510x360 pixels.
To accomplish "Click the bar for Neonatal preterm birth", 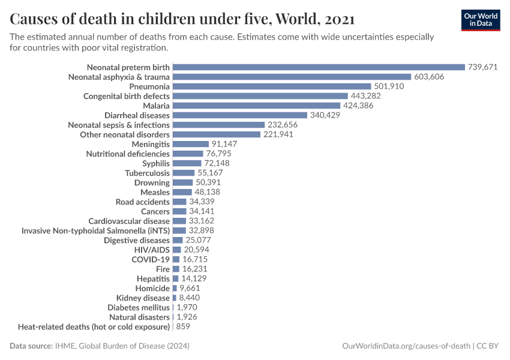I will (x=319, y=67).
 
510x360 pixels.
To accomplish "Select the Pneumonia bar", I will (x=272, y=86).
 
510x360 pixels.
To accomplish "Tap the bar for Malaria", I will (x=256, y=106).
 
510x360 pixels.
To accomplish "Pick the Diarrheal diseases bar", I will (x=240, y=115).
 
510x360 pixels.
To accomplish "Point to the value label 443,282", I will (x=368, y=96).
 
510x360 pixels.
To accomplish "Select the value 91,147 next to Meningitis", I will (x=224, y=144).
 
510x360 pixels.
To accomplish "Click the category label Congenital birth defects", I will (x=127, y=96).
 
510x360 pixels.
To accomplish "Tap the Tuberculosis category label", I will (x=147, y=173).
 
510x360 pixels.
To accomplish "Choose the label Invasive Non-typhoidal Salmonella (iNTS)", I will (x=95, y=230).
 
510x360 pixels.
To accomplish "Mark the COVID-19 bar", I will (x=176, y=259).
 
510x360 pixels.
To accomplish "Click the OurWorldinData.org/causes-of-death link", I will (x=406, y=346).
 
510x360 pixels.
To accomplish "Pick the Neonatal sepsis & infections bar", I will (x=218, y=125).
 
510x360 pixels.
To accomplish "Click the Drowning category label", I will (x=152, y=182).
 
